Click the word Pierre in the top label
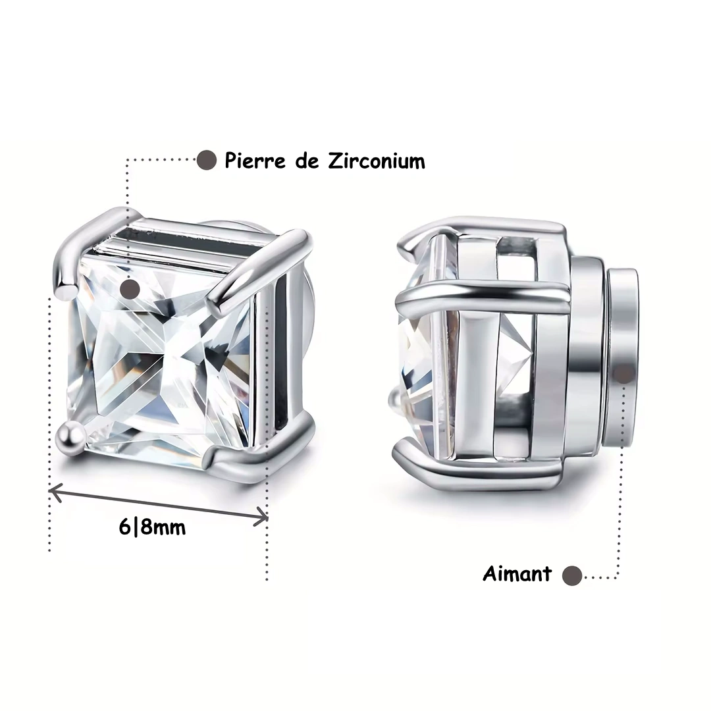pos(255,161)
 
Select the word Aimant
pos(517,573)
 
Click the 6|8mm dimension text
pos(152,527)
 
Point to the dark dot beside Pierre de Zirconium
pos(206,160)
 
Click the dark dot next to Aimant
pos(572,576)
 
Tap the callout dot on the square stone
pos(130,288)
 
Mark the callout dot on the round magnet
pos(624,374)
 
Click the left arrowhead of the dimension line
pos(55,492)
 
